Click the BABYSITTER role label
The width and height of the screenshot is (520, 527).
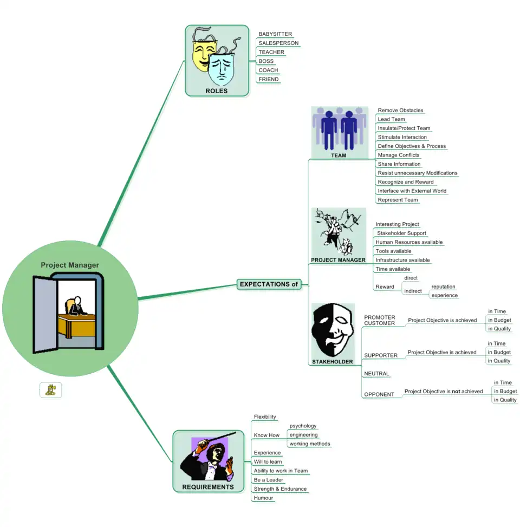tap(275, 34)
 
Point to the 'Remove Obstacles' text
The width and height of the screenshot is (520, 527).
tap(400, 110)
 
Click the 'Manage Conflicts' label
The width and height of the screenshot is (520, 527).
tap(398, 155)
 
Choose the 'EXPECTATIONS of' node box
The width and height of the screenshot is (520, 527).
tap(269, 284)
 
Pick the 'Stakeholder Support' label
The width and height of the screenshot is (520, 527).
tap(401, 233)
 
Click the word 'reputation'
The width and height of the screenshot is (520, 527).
tap(443, 287)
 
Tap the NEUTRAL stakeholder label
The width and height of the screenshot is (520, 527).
tap(376, 374)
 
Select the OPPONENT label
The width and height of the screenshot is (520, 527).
tap(379, 394)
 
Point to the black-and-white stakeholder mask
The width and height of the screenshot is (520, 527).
tap(332, 330)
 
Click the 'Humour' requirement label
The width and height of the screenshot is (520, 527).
tap(263, 498)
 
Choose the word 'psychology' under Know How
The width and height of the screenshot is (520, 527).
tap(303, 426)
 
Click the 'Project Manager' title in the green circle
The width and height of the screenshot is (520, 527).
tap(70, 265)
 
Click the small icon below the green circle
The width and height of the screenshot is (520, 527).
tap(51, 389)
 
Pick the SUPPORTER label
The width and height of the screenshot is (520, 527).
tap(381, 355)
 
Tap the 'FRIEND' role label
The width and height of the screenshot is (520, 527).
tap(269, 79)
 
